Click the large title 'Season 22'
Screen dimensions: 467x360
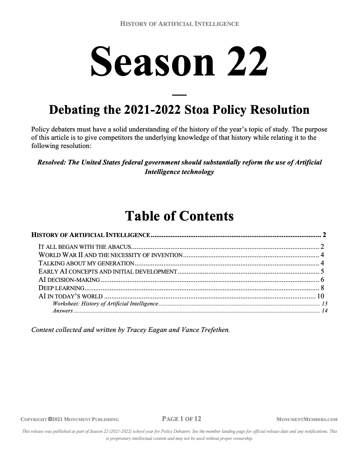point(179,61)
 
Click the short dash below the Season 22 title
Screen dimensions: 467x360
point(179,95)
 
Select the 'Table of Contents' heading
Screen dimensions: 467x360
point(179,216)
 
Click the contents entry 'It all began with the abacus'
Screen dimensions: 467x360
point(85,247)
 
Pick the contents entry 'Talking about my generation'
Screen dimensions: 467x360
point(86,263)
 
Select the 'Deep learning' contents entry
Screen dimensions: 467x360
point(62,288)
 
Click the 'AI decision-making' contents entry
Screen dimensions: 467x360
point(69,280)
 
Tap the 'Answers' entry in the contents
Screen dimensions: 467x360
point(63,311)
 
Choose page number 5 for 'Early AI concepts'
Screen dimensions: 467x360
point(322,272)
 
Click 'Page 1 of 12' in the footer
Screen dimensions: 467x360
point(181,419)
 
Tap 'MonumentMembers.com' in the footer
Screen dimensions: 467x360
point(307,419)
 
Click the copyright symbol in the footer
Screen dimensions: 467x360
point(50,419)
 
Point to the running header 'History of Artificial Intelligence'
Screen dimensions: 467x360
point(179,24)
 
